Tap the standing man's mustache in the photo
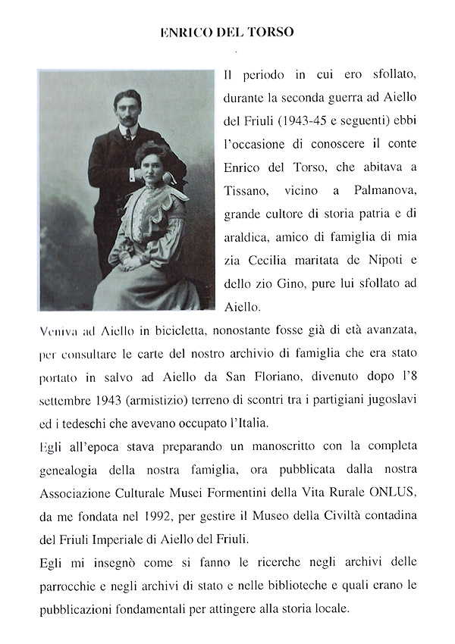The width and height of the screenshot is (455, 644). (129, 118)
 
